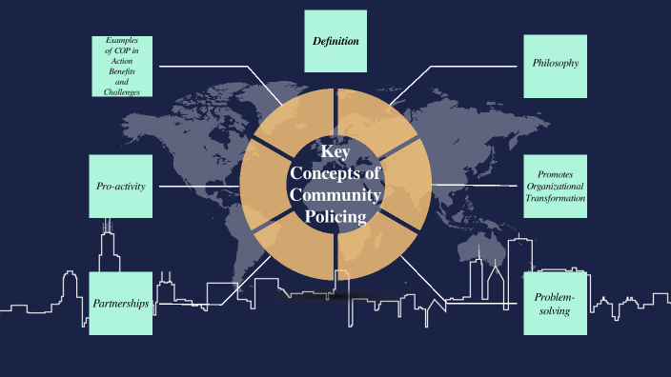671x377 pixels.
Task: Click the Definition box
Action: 335,41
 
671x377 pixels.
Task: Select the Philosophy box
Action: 555,65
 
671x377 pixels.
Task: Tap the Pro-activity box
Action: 121,186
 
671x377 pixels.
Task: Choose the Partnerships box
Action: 121,304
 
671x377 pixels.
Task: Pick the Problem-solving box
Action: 555,304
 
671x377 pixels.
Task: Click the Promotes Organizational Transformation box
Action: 555,186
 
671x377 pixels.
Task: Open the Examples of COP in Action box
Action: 121,65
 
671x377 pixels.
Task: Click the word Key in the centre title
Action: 335,152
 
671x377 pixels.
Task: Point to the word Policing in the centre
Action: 335,216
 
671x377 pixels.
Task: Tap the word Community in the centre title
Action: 335,195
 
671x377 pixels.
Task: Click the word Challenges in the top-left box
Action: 121,92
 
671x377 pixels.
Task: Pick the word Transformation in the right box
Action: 555,198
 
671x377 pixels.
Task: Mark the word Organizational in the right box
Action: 555,187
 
